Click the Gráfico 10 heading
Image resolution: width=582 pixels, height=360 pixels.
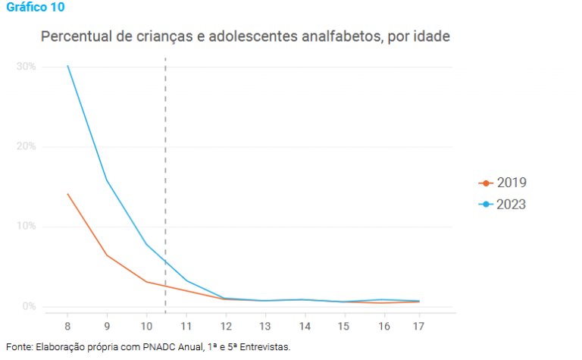tap(35, 8)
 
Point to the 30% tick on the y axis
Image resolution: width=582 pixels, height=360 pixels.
tap(26, 67)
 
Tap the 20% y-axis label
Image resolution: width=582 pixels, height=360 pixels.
tap(26, 146)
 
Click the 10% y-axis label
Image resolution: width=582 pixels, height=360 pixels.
tap(26, 227)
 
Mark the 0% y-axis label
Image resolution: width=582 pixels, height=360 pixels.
tap(29, 306)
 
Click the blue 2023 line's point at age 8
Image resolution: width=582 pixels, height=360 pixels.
tap(67, 66)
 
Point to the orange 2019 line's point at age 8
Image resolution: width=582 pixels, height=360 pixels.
tap(67, 194)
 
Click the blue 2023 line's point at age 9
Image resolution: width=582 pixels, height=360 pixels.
tap(107, 180)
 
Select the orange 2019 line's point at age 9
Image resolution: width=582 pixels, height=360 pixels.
tap(107, 255)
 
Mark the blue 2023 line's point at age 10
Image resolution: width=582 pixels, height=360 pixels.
tap(146, 244)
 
